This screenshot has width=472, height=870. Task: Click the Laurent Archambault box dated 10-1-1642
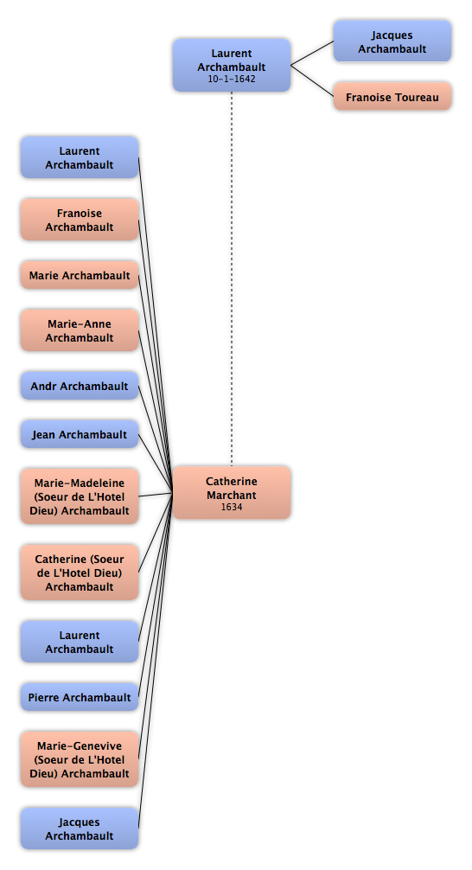click(232, 65)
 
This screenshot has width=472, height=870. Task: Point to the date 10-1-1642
click(232, 79)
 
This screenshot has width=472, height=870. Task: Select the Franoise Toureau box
click(392, 97)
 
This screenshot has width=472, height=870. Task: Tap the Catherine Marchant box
click(232, 493)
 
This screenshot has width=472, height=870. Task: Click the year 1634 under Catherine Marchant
click(232, 507)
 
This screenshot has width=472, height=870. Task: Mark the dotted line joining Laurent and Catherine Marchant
click(232, 278)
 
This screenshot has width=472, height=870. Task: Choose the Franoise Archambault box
click(80, 220)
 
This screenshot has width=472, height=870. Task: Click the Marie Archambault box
click(80, 275)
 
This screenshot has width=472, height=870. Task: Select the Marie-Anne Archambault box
click(80, 330)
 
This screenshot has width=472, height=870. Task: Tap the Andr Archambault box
click(80, 386)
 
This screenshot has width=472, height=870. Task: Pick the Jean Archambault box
click(80, 434)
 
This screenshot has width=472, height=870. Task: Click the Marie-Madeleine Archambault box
click(80, 496)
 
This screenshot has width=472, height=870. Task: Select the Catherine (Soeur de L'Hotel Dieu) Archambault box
click(80, 573)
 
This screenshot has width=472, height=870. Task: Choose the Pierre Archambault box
click(80, 697)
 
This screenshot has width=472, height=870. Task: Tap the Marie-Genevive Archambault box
click(80, 759)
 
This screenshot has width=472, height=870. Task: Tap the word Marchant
click(232, 495)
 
